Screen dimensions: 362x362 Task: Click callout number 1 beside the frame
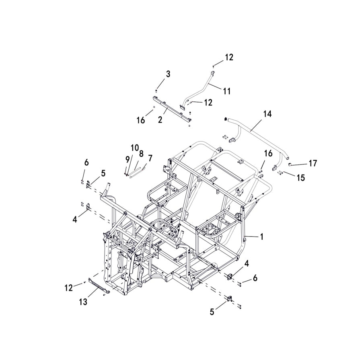point(261,237)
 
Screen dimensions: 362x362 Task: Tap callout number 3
point(168,74)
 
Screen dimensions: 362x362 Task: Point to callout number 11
point(227,91)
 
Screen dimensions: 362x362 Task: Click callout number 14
point(267,114)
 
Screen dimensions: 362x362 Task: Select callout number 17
point(313,163)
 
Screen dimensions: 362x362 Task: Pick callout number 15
point(300,177)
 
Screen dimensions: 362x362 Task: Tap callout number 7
point(150,158)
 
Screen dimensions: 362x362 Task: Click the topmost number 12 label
point(228,58)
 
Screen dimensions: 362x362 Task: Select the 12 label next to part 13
point(69,288)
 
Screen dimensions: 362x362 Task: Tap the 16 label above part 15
point(268,153)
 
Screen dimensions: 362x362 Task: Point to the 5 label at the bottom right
point(212,312)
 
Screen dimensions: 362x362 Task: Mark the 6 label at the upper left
point(86,162)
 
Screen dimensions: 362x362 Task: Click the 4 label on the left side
point(75,220)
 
